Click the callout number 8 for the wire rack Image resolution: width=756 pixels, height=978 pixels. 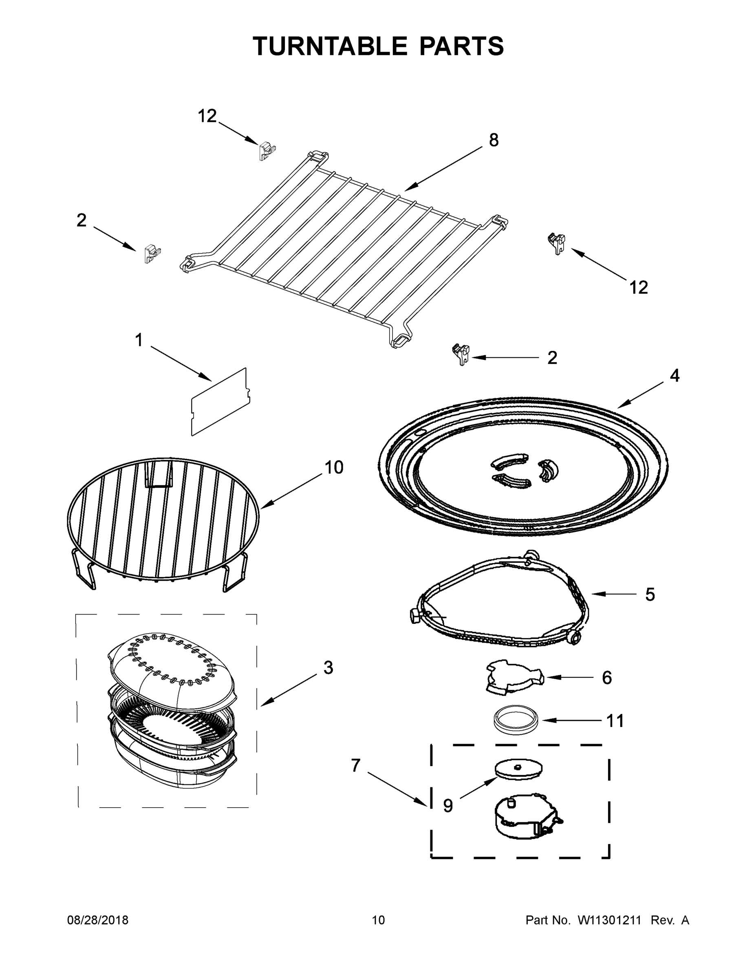pyautogui.click(x=494, y=141)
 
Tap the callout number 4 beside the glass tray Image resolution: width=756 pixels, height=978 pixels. pyautogui.click(x=674, y=376)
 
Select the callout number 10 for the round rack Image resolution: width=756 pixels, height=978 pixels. pyautogui.click(x=334, y=467)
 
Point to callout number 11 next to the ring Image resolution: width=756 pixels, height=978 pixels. pyautogui.click(x=615, y=721)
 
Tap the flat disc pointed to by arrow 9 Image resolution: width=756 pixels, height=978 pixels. pyautogui.click(x=518, y=769)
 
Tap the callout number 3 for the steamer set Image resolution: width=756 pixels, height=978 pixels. pyautogui.click(x=328, y=667)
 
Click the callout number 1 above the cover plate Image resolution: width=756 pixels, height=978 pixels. pyautogui.click(x=139, y=340)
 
